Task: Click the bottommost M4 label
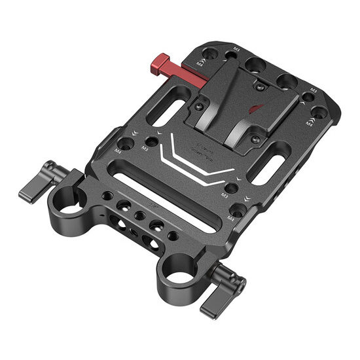230,217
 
